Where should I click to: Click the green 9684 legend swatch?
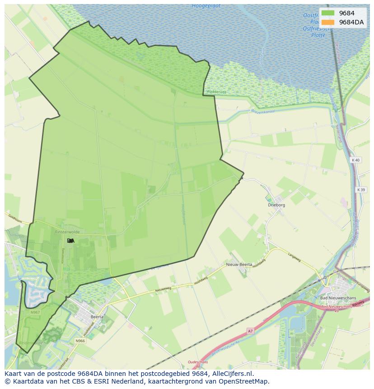[328, 13]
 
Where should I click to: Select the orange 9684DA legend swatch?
[328, 22]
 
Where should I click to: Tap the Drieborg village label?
[276, 205]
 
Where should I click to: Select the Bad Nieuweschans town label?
[338, 298]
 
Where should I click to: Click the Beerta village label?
[97, 317]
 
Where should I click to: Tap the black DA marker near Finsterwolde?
[70, 241]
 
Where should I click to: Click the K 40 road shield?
[356, 160]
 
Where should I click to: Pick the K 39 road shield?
[360, 190]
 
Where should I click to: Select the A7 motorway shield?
[250, 331]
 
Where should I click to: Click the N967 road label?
[35, 312]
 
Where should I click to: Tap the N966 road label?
[80, 341]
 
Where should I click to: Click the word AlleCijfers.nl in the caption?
[231, 374]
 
